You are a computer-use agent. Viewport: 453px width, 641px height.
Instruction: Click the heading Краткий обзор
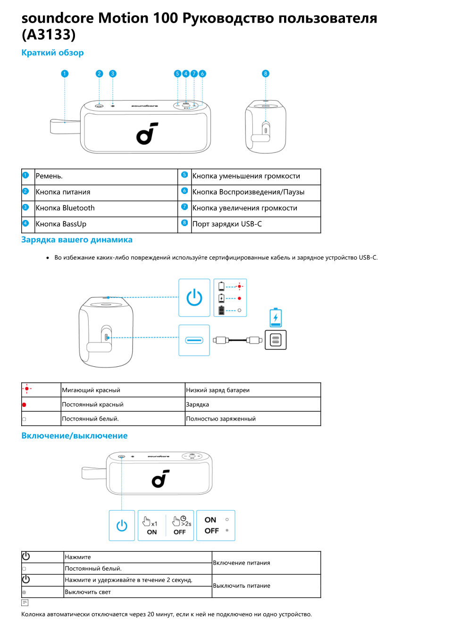pos(52,53)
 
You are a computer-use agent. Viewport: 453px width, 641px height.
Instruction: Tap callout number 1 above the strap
pos(65,74)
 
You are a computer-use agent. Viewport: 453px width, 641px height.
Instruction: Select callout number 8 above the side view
pos(266,74)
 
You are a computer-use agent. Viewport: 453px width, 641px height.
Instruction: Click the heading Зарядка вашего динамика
pos(77,240)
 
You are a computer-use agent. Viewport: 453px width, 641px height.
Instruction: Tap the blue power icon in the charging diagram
pos(194,298)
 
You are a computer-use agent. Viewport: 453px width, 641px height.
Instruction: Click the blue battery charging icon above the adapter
pos(276,318)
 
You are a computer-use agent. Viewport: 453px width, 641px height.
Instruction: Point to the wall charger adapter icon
pos(276,340)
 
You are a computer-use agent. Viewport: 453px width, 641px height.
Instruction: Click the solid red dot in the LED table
pos(24,405)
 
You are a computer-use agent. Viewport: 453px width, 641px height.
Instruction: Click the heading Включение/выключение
pos(75,436)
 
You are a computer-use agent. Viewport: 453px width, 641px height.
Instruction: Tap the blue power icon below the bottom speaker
pos(122,525)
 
